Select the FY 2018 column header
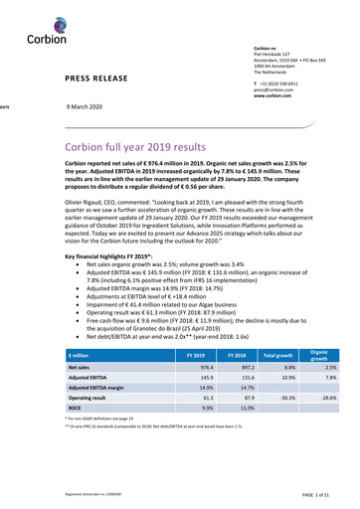tap(238, 353)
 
